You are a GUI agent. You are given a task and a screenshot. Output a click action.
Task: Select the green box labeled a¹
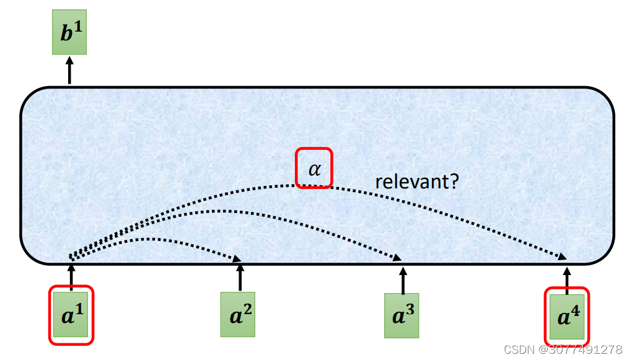71,315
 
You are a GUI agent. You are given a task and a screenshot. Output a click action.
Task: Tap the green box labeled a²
239,314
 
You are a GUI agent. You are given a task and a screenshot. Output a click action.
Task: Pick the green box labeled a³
402,315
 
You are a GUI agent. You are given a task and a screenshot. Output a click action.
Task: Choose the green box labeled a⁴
566,315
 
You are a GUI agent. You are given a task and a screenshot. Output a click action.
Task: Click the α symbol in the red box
315,168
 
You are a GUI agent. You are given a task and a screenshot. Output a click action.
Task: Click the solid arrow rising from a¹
71,276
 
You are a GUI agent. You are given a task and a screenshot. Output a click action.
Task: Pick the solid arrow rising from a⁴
566,278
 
